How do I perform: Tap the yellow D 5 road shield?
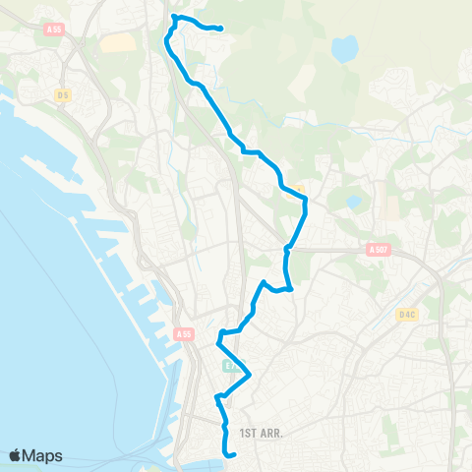click(63, 94)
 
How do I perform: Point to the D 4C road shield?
click(408, 315)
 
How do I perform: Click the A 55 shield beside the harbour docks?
click(184, 334)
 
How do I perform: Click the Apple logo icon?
click(16, 455)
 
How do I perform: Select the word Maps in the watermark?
click(43, 455)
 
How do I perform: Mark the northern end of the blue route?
click(220, 29)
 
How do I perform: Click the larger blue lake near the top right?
click(345, 47)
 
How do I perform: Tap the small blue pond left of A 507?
click(353, 203)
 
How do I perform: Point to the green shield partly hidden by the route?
click(227, 365)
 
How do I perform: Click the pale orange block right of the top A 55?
click(116, 43)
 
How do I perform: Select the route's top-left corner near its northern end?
click(174, 17)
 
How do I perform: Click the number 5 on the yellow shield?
click(66, 94)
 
